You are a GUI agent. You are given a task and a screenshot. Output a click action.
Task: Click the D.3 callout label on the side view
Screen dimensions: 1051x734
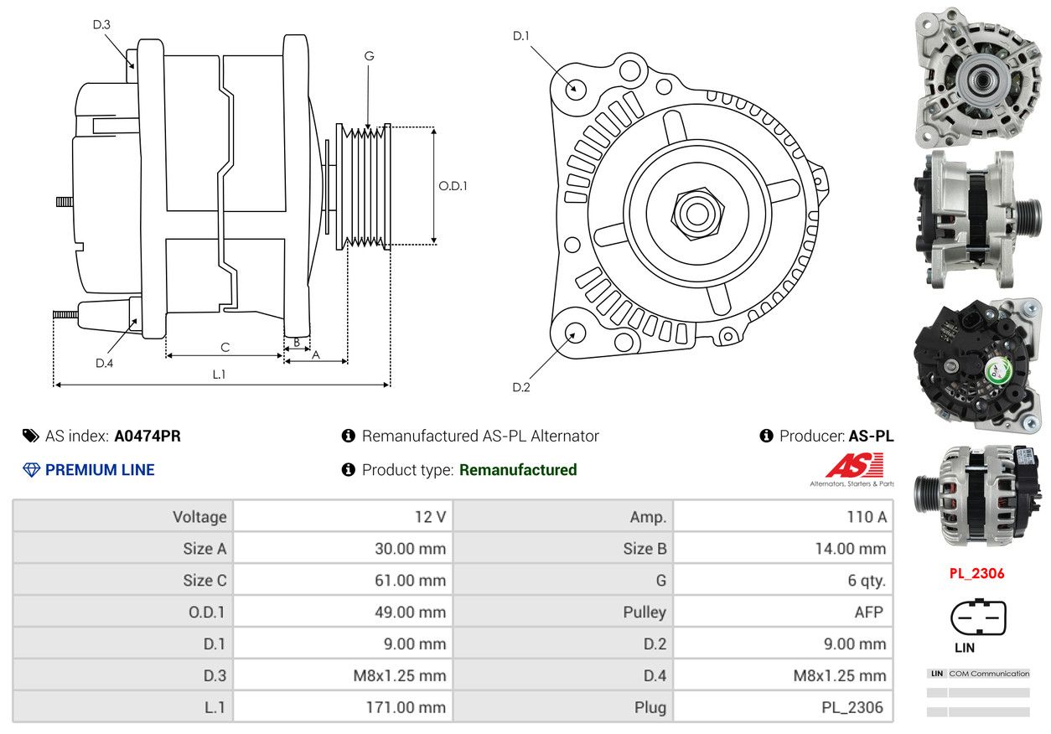[x=101, y=24]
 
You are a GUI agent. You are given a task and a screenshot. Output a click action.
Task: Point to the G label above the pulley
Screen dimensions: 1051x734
[x=370, y=56]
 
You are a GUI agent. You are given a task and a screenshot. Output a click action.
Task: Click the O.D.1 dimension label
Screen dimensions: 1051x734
[x=453, y=186]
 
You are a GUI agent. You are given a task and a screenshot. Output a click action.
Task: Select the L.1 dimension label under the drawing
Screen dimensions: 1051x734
[x=219, y=375]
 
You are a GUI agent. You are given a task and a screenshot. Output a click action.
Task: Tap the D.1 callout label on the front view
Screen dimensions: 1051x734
[x=520, y=36]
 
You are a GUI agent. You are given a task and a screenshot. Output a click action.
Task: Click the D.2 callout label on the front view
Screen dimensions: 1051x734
[x=520, y=387]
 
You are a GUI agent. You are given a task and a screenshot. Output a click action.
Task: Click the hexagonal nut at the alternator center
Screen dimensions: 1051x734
[x=697, y=214]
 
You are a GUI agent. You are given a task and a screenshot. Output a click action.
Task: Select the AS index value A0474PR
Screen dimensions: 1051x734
[x=148, y=437]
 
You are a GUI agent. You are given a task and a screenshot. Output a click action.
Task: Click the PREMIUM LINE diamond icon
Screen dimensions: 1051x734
[x=32, y=470]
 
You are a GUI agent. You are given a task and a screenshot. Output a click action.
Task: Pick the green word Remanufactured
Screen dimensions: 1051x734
[x=518, y=470]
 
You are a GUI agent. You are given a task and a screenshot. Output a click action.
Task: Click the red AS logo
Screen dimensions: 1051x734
[x=855, y=465]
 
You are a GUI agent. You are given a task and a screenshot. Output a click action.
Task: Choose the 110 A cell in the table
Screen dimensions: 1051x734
[x=783, y=517]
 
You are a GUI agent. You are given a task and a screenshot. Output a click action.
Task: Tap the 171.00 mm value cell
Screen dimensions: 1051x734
[x=343, y=707]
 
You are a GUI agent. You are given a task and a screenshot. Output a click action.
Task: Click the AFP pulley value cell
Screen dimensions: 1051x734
[x=783, y=612]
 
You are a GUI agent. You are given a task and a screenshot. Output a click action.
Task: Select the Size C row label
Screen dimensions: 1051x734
[x=205, y=581]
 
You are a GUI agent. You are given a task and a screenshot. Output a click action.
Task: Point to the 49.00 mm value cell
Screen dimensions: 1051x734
[x=343, y=612]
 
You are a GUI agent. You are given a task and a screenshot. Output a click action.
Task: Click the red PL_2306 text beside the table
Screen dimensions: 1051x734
[x=977, y=574]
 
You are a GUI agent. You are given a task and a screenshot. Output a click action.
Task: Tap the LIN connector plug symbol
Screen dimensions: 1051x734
[x=978, y=618]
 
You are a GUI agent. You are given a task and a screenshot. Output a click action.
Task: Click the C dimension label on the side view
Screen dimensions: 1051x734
[x=225, y=348]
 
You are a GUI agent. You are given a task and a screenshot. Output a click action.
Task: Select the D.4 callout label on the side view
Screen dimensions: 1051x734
[x=104, y=364]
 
